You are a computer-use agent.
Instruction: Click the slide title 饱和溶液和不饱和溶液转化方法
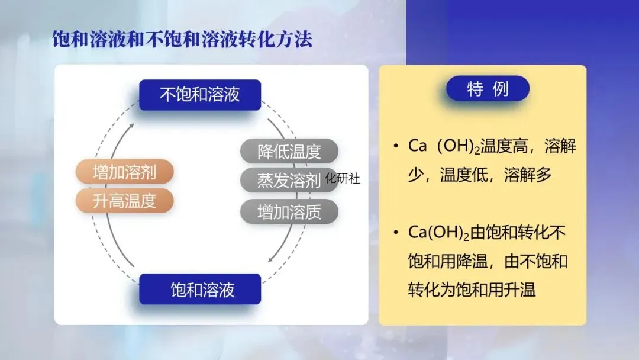[x=182, y=40]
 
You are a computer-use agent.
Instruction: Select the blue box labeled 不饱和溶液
[x=200, y=95]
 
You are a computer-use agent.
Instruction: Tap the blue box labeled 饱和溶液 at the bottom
[x=200, y=290]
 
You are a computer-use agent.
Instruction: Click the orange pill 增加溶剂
[x=124, y=172]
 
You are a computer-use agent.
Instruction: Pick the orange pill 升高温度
[x=124, y=201]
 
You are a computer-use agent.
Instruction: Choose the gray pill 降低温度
[x=289, y=152]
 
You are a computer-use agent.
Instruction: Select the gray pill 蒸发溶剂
[x=289, y=181]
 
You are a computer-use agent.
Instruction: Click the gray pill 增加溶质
[x=289, y=211]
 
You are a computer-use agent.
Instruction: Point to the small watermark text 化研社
[x=343, y=178]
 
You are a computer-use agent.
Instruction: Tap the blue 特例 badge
[x=488, y=89]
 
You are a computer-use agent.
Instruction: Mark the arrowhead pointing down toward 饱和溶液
[x=270, y=259]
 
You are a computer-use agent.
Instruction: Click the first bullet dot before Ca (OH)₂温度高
[x=395, y=146]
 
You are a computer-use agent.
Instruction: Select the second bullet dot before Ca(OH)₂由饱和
[x=395, y=233]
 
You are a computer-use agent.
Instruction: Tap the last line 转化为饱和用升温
[x=472, y=290]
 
